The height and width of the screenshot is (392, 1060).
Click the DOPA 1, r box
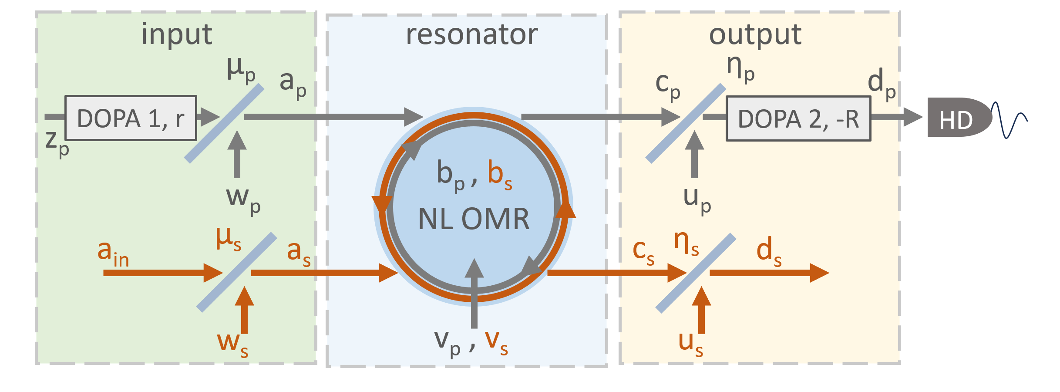coord(131,118)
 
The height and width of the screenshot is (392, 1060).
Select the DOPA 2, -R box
coord(798,118)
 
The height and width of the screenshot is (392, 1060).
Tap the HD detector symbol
coord(959,117)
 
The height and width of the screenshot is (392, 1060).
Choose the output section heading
coord(755,35)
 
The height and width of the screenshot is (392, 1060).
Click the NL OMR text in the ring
coord(474,219)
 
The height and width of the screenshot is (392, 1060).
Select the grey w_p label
coord(243,200)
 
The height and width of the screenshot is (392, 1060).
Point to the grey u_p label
coord(697,200)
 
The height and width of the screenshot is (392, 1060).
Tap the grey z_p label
coord(57,144)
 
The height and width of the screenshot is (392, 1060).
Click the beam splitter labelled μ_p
coord(224,123)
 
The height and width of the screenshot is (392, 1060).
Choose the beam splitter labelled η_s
coord(696,273)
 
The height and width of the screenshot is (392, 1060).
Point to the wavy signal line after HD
coord(1010,120)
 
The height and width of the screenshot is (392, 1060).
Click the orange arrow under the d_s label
coord(770,273)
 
